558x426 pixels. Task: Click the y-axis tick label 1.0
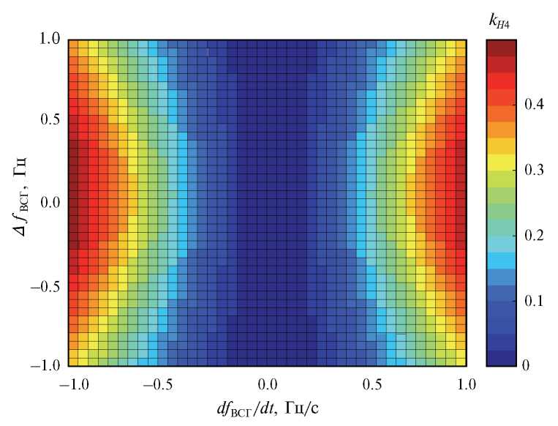(x=50, y=40)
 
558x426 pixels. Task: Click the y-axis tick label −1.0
(x=46, y=365)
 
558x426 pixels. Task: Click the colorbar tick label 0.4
(x=532, y=105)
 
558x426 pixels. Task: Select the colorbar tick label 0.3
(x=532, y=170)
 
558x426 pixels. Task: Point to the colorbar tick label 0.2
(x=532, y=235)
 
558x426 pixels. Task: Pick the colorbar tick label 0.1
(x=532, y=300)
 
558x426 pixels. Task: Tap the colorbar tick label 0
(x=527, y=365)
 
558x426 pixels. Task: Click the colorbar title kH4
(x=500, y=23)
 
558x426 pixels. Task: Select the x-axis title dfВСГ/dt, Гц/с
(x=268, y=408)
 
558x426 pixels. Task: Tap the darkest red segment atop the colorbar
(x=502, y=48)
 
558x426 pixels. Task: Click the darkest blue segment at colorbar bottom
(x=502, y=358)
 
